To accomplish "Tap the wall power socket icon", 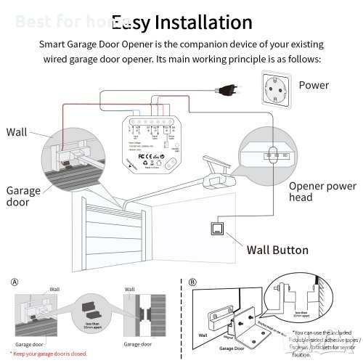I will point(273,86).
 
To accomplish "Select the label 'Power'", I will point(314,85).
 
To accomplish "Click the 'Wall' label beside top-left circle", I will point(17,132).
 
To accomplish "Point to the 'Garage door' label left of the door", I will point(20,196).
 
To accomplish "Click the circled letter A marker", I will point(15,280).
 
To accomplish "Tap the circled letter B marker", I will point(191,280).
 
